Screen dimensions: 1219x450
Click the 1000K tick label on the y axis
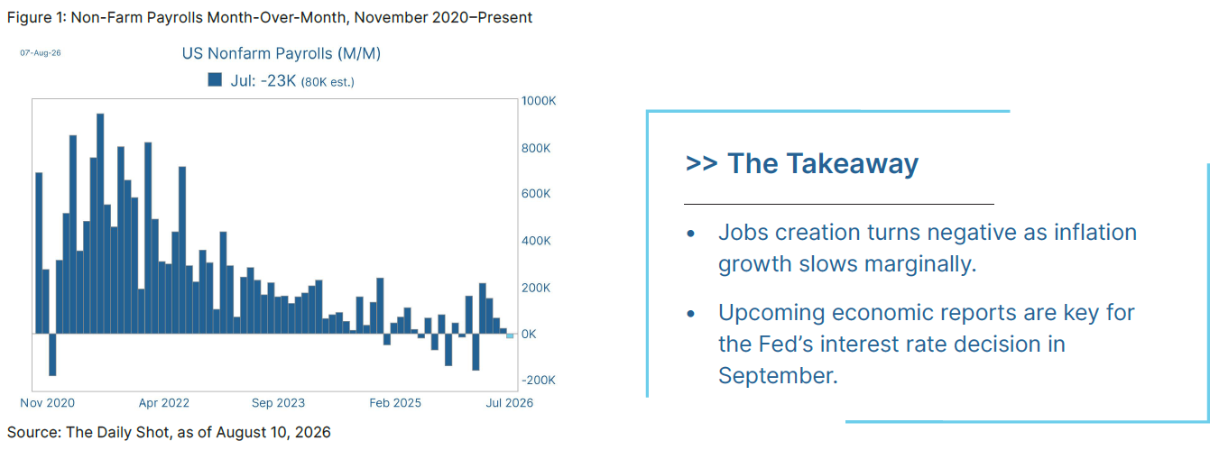[x=538, y=101]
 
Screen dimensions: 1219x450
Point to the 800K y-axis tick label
[x=535, y=148]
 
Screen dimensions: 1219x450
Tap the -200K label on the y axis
[x=538, y=380]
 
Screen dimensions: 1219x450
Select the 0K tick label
[x=529, y=334]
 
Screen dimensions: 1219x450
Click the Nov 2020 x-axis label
[x=47, y=403]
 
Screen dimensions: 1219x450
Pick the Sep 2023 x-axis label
[x=278, y=403]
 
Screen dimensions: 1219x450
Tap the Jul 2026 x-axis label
[x=510, y=403]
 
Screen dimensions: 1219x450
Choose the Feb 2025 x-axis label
[x=395, y=403]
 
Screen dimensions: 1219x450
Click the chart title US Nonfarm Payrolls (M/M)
[x=282, y=53]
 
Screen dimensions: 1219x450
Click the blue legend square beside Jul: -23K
[x=215, y=80]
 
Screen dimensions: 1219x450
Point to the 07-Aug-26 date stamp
[x=41, y=53]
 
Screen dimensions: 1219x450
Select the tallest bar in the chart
[x=100, y=223]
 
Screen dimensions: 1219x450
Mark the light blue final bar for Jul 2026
[x=510, y=335]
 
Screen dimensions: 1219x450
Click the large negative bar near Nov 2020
[x=52, y=354]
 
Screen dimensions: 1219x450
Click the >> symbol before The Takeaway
[x=701, y=162]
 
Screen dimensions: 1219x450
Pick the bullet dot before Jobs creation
[x=691, y=234]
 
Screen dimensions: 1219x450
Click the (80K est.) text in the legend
[x=328, y=82]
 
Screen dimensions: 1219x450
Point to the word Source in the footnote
[x=32, y=432]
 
